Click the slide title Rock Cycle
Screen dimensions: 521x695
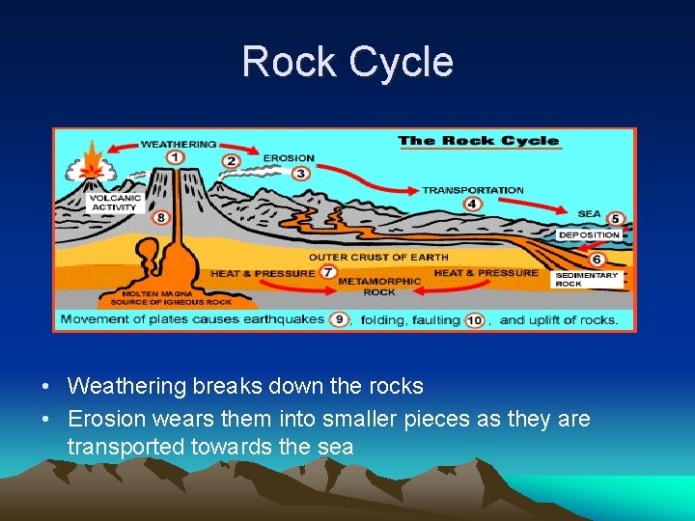[347, 62]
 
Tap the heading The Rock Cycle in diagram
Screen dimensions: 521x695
[478, 141]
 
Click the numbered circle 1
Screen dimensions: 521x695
[176, 157]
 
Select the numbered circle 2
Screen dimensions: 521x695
[231, 160]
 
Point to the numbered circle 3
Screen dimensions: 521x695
[300, 174]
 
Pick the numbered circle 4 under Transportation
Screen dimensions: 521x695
[472, 204]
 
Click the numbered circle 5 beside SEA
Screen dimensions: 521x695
[615, 219]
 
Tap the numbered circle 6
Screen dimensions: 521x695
[597, 260]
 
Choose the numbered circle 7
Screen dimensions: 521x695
[328, 274]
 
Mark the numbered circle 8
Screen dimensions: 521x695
[161, 218]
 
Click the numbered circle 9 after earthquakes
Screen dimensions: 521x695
[338, 319]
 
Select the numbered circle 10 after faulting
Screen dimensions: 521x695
[474, 319]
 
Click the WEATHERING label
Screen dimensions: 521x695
[179, 145]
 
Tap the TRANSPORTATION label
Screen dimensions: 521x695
[473, 190]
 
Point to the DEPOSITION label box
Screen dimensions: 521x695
[589, 234]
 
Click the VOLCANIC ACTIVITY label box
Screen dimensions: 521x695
[115, 203]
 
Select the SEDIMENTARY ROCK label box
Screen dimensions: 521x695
[587, 279]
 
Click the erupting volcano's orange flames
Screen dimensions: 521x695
[93, 157]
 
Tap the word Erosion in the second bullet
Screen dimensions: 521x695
[104, 419]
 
